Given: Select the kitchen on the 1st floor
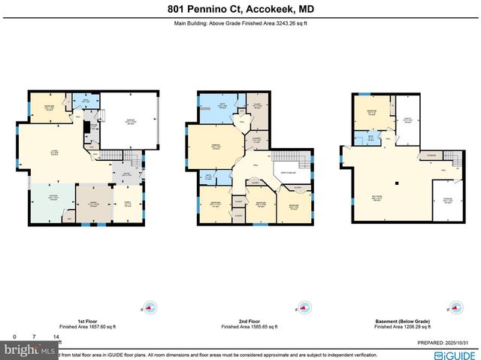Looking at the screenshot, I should pos(51,203).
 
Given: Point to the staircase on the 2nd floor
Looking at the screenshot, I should pos(286,156).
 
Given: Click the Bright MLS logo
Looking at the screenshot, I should pos(29,351).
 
